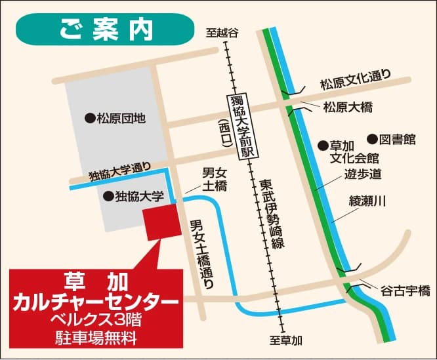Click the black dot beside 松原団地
click(x=89, y=119)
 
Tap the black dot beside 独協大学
click(x=107, y=195)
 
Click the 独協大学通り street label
click(x=120, y=172)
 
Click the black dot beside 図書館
click(x=371, y=139)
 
